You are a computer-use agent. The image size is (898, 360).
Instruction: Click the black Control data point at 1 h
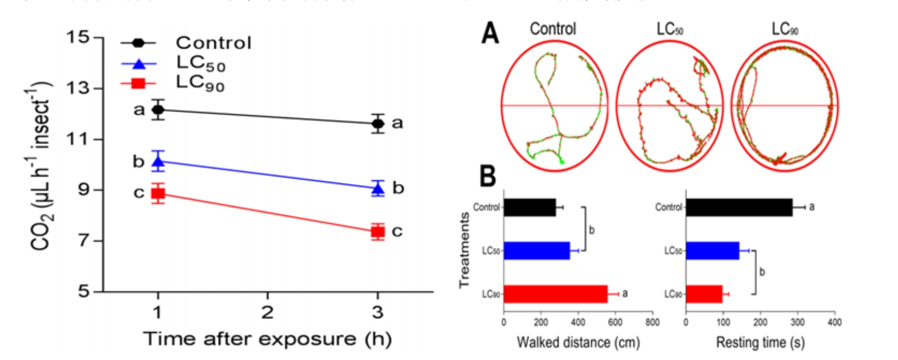click(x=158, y=110)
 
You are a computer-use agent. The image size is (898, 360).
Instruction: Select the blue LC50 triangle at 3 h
click(x=377, y=189)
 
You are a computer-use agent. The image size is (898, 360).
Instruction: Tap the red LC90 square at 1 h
click(x=158, y=193)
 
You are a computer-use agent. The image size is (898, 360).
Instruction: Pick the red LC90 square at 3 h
click(x=377, y=232)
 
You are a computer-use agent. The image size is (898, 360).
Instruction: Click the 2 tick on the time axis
click(x=267, y=312)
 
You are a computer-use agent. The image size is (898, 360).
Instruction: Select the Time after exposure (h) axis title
click(x=267, y=339)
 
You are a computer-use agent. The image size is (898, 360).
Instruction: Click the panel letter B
click(x=488, y=176)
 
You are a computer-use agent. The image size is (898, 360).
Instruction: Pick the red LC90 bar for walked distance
click(x=555, y=294)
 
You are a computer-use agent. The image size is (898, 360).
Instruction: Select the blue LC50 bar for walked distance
click(x=537, y=251)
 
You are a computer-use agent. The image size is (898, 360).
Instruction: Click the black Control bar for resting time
click(x=739, y=208)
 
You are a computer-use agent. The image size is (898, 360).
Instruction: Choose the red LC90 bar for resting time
click(x=704, y=294)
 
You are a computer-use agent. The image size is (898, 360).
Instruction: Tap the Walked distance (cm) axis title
click(x=578, y=343)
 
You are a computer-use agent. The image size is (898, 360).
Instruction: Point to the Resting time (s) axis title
click(x=760, y=343)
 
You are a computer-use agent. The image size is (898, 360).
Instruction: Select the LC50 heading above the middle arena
click(x=670, y=29)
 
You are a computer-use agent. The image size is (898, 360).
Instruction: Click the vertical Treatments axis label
click(x=465, y=250)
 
